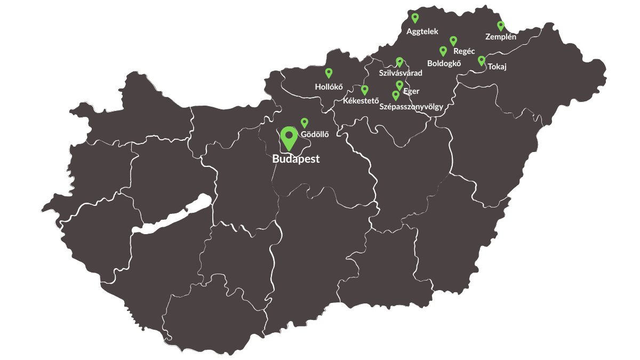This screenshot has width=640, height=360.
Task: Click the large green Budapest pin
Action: click(x=289, y=137)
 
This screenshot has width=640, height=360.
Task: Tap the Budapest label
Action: click(x=295, y=159)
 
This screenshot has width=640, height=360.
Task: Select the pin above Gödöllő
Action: click(x=305, y=123)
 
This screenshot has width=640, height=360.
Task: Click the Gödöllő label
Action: click(x=315, y=134)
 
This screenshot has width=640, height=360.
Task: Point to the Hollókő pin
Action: click(x=329, y=73)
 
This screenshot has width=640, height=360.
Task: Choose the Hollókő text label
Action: click(x=329, y=86)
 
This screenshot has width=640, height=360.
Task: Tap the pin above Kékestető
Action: click(x=365, y=90)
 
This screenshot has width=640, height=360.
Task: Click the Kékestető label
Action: click(x=361, y=100)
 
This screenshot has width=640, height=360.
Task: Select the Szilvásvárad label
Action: click(x=400, y=73)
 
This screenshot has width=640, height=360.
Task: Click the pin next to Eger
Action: click(x=399, y=85)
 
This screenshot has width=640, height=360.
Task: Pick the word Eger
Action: click(x=411, y=91)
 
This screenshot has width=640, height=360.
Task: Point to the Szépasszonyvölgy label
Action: click(x=411, y=106)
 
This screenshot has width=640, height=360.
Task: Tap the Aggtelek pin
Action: click(x=415, y=18)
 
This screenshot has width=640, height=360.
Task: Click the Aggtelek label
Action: click(x=422, y=31)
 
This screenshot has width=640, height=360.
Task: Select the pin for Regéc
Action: click(x=453, y=41)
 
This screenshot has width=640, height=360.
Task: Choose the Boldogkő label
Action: click(x=444, y=62)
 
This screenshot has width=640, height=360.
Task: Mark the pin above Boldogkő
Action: click(x=443, y=51)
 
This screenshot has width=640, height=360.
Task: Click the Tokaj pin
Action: click(x=481, y=60)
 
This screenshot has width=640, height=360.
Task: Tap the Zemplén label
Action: click(x=501, y=37)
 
